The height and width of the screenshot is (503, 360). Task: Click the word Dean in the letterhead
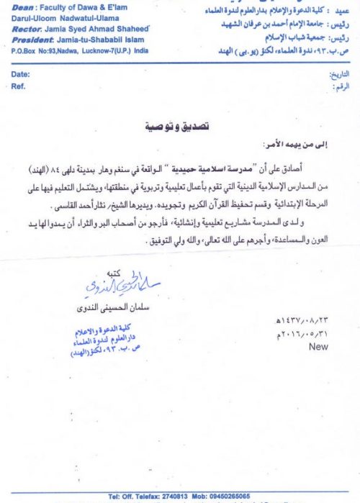24,6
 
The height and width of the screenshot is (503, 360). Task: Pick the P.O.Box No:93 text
36,51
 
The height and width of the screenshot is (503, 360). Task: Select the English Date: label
21,74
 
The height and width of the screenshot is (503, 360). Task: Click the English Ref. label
19,86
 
